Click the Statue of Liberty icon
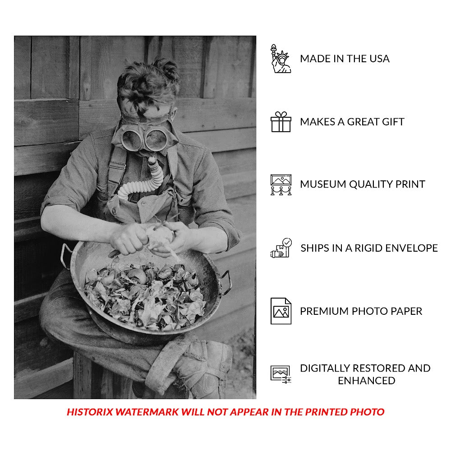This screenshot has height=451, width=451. point(281,59)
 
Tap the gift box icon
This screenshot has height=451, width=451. point(281,122)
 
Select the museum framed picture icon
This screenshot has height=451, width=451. point(281,184)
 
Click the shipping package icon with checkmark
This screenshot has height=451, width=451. point(281,248)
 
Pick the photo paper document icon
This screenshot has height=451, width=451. point(281,311)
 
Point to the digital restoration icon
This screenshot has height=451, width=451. point(281,374)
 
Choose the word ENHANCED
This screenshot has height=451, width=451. point(366,381)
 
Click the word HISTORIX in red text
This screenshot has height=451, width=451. point(90,412)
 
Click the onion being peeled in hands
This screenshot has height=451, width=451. point(160,236)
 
